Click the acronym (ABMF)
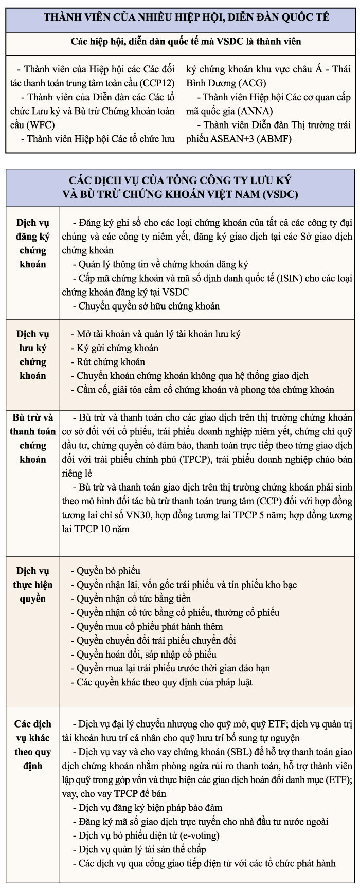[275, 139]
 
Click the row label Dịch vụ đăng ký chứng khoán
[33, 244]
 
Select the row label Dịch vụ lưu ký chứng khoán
[33, 355]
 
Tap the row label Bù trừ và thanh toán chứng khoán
[33, 438]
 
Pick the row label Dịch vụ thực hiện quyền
[33, 585]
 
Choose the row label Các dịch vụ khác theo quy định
[33, 744]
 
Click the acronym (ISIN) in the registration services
[291, 278]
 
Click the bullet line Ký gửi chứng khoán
[117, 348]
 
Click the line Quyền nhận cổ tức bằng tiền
[133, 598]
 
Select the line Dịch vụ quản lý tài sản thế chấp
[142, 849]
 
